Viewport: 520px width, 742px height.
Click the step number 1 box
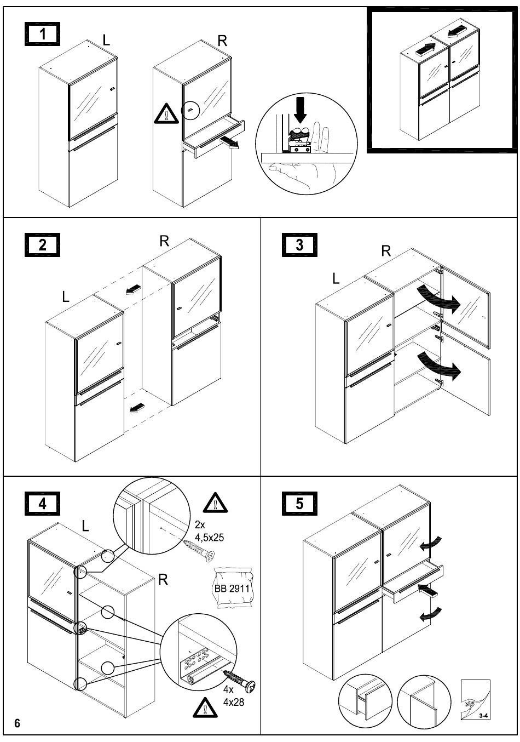[x=42, y=34]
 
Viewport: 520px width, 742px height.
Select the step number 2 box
[x=42, y=245]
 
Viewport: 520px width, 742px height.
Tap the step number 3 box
[x=299, y=245]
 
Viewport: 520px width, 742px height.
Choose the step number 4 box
[x=42, y=504]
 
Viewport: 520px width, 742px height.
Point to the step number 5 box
[x=299, y=504]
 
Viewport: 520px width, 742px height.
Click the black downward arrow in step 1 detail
[x=300, y=109]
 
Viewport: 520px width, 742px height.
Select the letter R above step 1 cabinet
[x=222, y=41]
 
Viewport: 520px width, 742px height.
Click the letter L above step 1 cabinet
[x=106, y=40]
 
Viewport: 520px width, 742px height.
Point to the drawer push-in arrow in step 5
[x=427, y=591]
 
